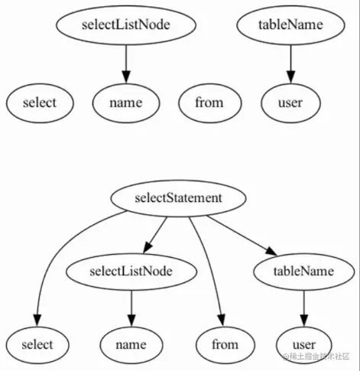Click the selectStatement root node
click(x=179, y=198)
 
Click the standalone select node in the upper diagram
click(x=40, y=102)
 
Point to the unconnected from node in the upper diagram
click(x=209, y=102)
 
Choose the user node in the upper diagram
click(x=290, y=102)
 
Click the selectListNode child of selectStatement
click(x=131, y=271)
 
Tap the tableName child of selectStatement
click(x=303, y=271)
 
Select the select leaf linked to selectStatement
click(x=38, y=343)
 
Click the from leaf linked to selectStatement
click(x=225, y=343)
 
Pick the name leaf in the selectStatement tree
click(x=131, y=343)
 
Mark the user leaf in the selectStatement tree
click(x=304, y=343)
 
